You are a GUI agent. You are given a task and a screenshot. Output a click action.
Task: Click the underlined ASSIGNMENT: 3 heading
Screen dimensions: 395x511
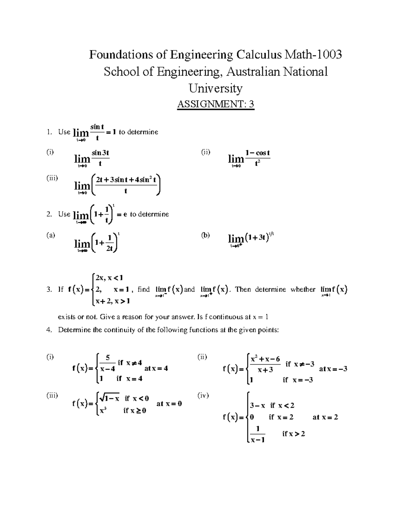[x=216, y=104]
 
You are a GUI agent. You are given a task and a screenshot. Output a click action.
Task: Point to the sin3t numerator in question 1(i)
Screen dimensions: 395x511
[x=100, y=153]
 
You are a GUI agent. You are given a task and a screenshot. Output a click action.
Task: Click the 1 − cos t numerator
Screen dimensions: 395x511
[x=257, y=153]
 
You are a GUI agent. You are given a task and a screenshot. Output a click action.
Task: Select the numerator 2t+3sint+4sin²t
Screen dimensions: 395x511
[x=125, y=180]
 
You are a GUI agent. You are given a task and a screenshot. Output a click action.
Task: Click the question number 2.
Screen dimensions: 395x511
[x=49, y=214]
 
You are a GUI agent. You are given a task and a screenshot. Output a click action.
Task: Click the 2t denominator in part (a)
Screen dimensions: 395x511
[x=110, y=249]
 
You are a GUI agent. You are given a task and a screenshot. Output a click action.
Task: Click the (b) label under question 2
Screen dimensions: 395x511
[x=205, y=235]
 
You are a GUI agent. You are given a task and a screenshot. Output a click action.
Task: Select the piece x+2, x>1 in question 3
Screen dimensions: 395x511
[x=112, y=301]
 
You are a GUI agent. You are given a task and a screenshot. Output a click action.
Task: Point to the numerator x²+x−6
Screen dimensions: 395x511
[x=265, y=359]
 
